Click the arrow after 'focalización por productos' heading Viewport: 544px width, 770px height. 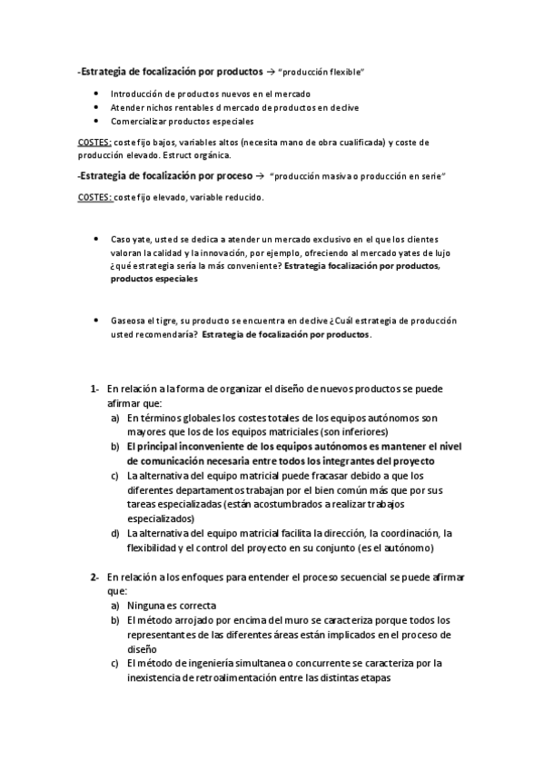click(271, 71)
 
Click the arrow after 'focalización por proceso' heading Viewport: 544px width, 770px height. click(260, 174)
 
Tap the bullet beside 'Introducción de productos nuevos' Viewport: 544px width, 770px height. click(97, 94)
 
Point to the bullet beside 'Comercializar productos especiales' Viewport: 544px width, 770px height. click(97, 121)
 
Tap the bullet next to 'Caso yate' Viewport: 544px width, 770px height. click(97, 239)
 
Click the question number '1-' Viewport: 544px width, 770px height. click(94, 390)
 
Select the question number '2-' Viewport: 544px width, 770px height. click(94, 577)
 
